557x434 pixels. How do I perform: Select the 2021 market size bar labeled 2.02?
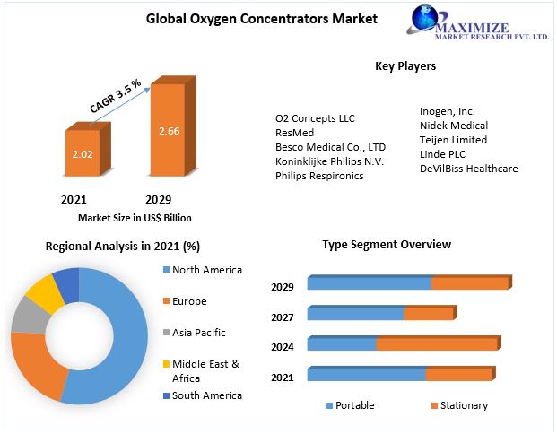click(82, 154)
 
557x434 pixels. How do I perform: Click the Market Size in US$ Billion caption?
click(135, 218)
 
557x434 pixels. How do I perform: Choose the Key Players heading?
click(405, 66)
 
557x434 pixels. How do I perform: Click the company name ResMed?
click(294, 133)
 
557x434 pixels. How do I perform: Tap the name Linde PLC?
click(443, 154)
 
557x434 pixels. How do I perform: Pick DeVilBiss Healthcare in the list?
click(468, 169)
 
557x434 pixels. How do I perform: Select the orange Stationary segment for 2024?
click(436, 344)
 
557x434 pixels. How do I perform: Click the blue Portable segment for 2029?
click(369, 283)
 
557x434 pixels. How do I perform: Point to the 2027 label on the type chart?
click(283, 317)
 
